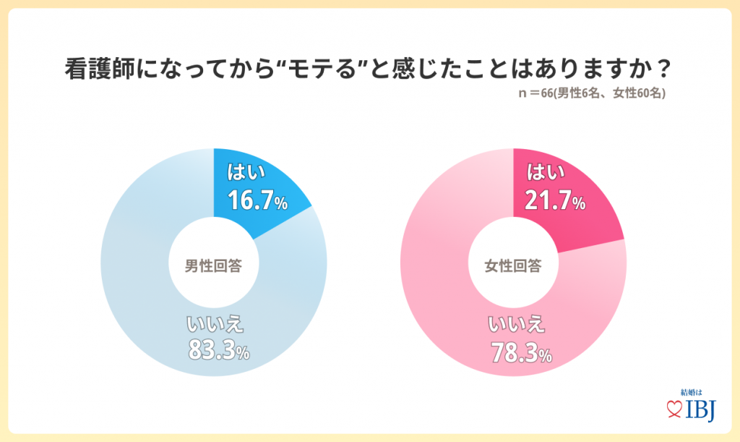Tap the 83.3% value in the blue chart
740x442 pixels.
(218, 351)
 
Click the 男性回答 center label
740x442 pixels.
(213, 265)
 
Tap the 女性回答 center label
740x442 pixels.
(513, 265)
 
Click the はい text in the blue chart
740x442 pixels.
(247, 173)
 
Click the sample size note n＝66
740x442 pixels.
(538, 94)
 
